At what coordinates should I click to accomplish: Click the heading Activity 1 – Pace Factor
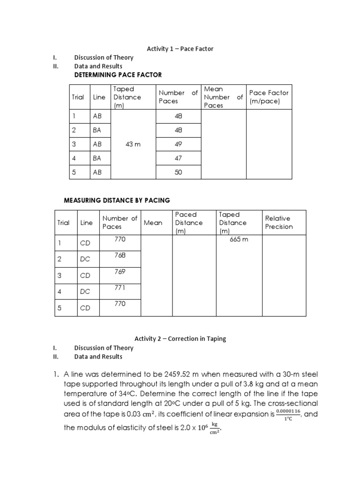click(x=180, y=49)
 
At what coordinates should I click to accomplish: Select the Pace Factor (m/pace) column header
click(x=269, y=97)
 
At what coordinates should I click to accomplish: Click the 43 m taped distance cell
click(x=133, y=144)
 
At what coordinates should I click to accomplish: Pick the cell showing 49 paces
click(x=178, y=144)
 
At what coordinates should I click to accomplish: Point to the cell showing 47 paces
click(x=178, y=158)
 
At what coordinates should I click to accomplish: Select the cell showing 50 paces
click(x=178, y=172)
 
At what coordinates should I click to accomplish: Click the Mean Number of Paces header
click(x=223, y=97)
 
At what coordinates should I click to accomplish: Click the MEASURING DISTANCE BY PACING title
click(x=117, y=201)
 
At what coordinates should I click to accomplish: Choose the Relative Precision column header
click(x=279, y=222)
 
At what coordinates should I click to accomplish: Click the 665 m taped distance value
click(x=239, y=239)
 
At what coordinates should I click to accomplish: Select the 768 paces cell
click(x=120, y=255)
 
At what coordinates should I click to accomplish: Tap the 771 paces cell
click(x=120, y=287)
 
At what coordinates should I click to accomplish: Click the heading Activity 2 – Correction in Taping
click(x=180, y=339)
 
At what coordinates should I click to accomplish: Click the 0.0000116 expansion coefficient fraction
click(x=288, y=414)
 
